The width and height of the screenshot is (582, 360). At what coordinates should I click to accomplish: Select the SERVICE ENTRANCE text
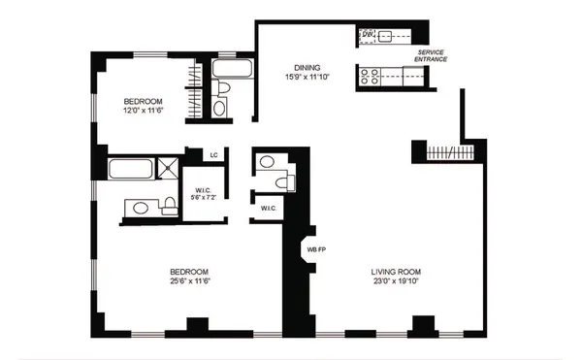point(431,55)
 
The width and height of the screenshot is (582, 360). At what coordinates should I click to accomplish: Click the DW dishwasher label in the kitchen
point(368,36)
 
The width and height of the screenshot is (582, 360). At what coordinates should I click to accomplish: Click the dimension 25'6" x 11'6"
point(190,281)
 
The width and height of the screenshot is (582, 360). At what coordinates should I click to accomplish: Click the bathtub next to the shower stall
point(130,169)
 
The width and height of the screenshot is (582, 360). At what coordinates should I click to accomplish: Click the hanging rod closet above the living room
point(448,152)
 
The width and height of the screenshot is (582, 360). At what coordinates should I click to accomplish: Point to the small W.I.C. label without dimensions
point(267,208)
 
